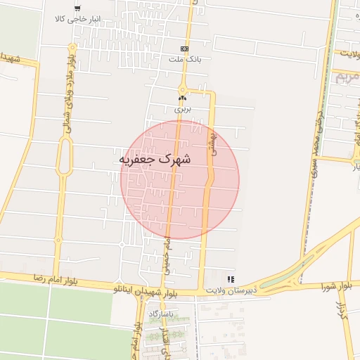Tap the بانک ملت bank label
click(185, 60)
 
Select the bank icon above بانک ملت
click(185, 49)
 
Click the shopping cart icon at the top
click(77, 8)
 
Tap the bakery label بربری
click(183, 109)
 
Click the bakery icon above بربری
click(183, 98)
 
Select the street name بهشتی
click(210, 144)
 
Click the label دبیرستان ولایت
click(229, 290)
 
